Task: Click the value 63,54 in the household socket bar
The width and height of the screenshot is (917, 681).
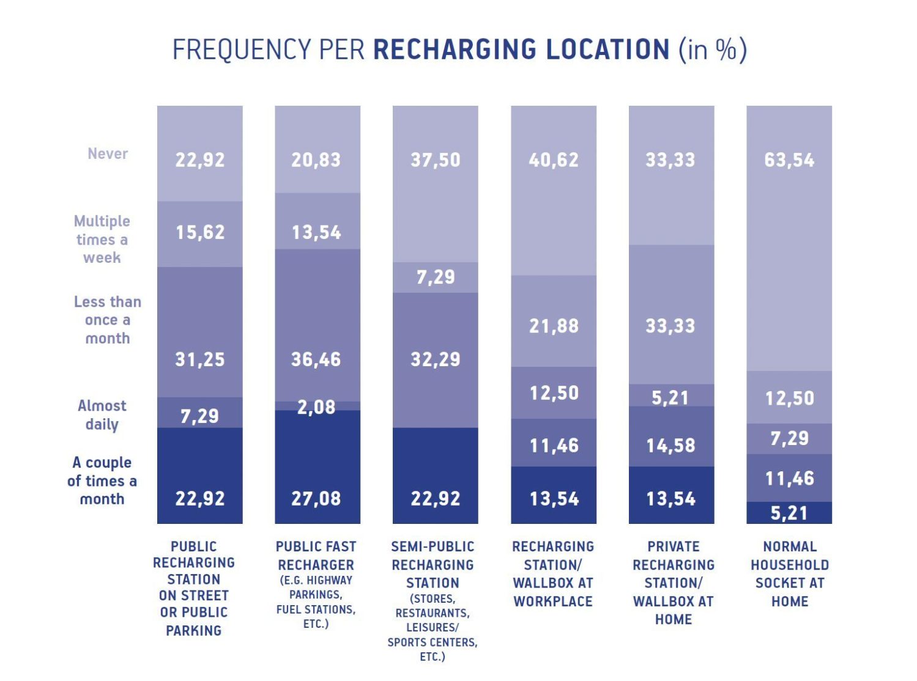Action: pos(789,160)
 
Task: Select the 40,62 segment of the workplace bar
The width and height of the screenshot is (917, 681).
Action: pos(554,160)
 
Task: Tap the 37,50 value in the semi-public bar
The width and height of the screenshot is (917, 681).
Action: pos(435,160)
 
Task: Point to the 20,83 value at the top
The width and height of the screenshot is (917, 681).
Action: pos(316,160)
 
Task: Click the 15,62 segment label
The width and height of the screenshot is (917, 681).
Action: pos(200,232)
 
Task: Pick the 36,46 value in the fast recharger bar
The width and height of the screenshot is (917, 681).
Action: pos(316,359)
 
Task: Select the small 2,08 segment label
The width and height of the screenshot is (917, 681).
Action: pos(316,407)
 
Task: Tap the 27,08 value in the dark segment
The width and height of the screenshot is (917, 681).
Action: pos(316,499)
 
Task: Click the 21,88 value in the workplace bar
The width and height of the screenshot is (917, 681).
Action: pos(554,326)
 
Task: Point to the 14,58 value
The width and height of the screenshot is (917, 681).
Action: pos(671,446)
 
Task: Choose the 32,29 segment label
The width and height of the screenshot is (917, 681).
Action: pos(435,359)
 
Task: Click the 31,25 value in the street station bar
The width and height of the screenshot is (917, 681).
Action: pos(200,359)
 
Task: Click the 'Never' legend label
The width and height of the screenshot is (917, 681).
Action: pos(108,153)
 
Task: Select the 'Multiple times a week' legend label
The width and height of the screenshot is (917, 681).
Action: pos(102,239)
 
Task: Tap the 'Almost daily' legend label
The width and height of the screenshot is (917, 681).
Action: pos(102,415)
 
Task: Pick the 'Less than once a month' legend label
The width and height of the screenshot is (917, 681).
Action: pos(108,320)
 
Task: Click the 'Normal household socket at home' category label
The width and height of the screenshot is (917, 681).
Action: pos(790,573)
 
